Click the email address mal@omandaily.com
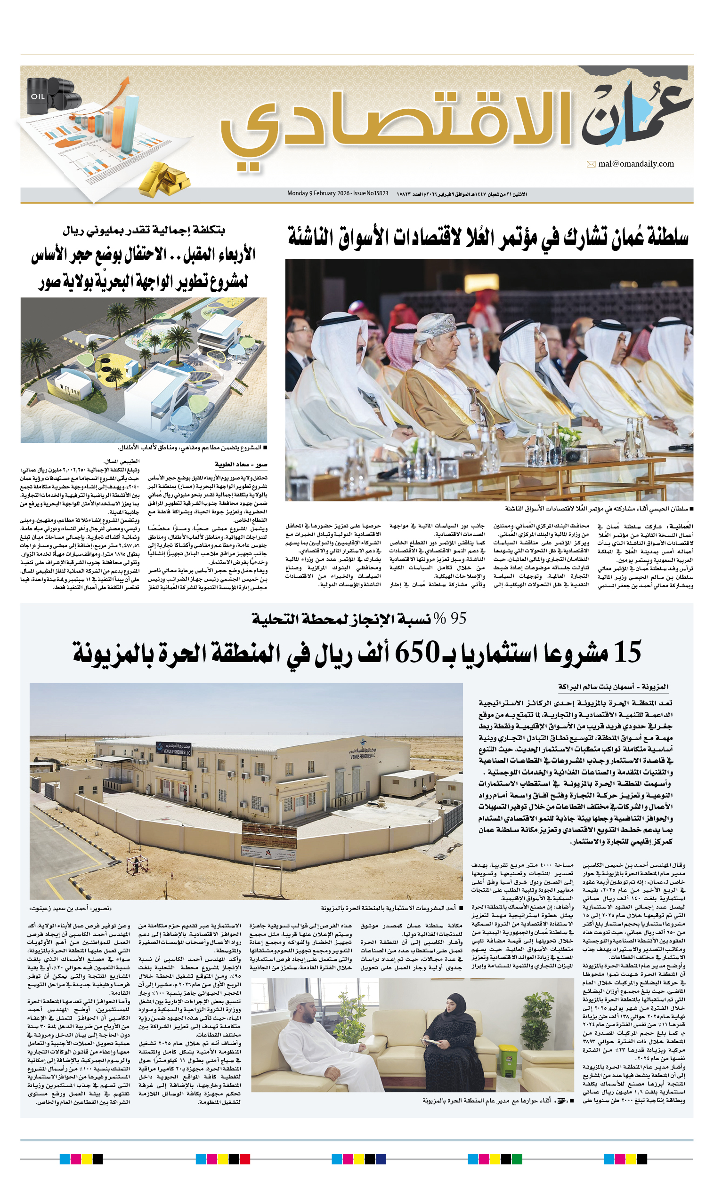click(x=636, y=164)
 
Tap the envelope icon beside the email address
click(x=591, y=165)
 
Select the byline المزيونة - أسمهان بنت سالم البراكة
click(x=613, y=687)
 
